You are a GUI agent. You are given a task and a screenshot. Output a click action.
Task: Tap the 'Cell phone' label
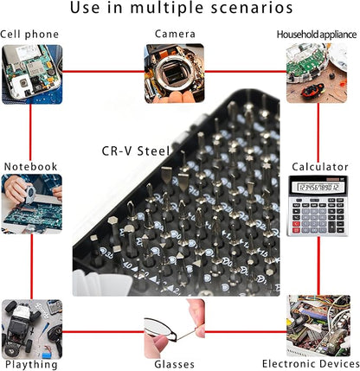click(x=29, y=35)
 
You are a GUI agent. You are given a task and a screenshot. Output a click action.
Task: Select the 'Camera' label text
click(x=175, y=34)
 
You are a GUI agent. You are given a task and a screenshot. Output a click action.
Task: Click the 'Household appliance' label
click(x=317, y=35)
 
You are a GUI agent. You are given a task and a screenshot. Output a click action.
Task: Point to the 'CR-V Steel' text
click(x=136, y=151)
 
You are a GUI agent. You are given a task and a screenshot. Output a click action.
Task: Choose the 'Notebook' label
click(x=30, y=166)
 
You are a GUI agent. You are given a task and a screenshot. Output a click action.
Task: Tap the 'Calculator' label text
click(x=320, y=167)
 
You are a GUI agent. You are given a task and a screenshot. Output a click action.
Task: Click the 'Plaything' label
click(x=31, y=365)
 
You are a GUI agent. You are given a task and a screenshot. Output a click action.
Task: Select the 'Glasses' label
click(x=174, y=364)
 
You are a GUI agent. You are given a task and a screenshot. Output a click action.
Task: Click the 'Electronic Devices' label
click(x=311, y=364)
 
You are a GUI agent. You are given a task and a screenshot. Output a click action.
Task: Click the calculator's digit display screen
click(x=318, y=188)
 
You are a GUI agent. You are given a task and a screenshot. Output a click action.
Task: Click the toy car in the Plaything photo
click(x=20, y=328)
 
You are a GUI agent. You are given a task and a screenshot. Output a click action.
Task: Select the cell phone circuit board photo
click(x=32, y=74)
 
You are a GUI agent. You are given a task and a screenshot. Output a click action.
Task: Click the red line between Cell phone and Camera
click(x=103, y=72)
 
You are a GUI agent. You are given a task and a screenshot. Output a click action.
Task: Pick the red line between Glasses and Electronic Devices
click(x=246, y=331)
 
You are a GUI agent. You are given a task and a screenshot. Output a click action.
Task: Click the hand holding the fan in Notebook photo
click(x=16, y=189)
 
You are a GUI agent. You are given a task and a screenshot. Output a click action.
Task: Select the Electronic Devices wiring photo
click(x=318, y=326)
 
